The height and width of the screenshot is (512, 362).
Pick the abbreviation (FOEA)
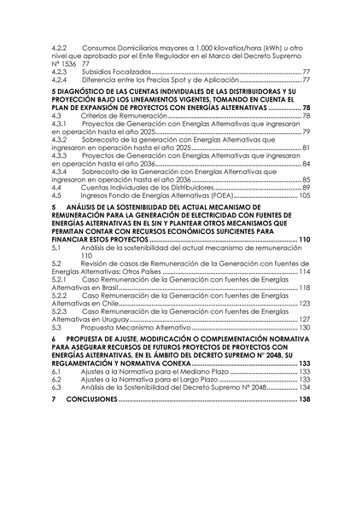(165, 195)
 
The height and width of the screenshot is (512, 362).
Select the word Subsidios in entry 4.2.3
(100, 72)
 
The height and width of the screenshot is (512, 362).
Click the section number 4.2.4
(60, 79)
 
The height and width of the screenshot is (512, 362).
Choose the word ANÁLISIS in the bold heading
(96, 207)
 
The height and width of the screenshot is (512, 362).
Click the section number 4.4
(56, 188)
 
